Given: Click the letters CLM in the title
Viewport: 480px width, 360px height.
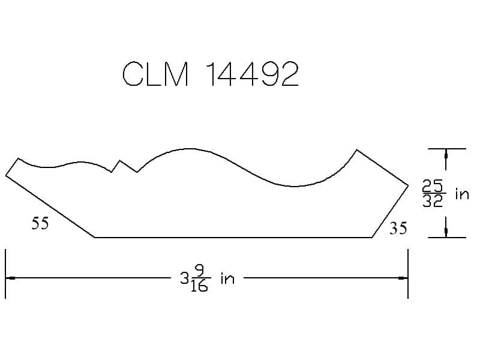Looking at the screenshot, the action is pos(155,74).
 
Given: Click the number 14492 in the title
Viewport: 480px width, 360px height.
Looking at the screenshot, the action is pos(251,74).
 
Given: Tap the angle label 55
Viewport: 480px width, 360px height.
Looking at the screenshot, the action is pos(40,223).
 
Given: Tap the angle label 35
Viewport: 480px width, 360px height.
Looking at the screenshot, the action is pos(398,229).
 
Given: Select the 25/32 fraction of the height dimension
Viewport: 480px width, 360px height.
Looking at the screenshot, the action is pos(433,193).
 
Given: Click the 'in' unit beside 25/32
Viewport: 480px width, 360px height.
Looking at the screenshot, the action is pos(462,194).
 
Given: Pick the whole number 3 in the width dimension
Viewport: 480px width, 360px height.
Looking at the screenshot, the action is pos(184,278).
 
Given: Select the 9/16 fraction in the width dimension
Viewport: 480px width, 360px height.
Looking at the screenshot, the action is pos(199,278).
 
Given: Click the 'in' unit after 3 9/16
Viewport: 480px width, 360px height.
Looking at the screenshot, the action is pos(227,278).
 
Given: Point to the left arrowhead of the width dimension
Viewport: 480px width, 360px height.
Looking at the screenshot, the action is pos(10,278).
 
